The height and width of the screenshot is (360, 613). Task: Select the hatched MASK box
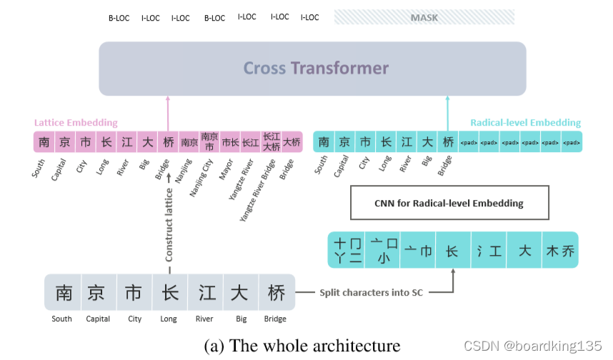coord(424,17)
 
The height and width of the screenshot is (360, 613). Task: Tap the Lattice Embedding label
coord(76,123)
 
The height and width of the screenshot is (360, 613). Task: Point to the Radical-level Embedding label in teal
coord(525,123)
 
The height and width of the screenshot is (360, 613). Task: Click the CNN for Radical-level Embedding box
coord(449,203)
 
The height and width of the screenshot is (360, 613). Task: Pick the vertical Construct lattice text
coord(169,224)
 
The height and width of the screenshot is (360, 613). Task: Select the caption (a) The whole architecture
coord(302,346)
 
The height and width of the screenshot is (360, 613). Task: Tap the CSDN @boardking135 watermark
coord(532,346)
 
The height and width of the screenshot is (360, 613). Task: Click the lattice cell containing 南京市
coord(209,142)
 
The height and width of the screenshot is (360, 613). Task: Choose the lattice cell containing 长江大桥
coord(271,142)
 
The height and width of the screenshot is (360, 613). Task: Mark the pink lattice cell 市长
coord(230,142)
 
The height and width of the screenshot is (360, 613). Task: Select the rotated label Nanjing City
coord(202,177)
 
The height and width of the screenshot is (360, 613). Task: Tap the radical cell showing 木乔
coord(559,251)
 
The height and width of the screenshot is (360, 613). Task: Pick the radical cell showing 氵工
coord(489,251)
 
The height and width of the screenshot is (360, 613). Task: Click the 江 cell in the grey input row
coord(206,293)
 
